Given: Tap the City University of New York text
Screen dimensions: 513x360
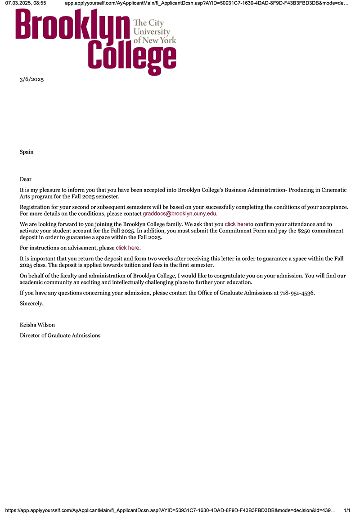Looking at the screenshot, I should pos(154,32).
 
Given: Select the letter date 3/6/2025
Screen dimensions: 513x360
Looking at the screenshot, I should pos(31,80).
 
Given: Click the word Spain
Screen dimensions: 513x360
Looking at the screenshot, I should pos(27,152).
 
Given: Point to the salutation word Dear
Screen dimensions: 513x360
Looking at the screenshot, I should pos(26,179).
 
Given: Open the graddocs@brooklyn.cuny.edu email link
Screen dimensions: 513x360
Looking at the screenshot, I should pos(180,213).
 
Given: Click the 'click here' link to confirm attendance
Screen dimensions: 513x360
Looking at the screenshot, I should pos(237,224).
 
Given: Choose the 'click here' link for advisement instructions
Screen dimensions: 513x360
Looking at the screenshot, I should pos(128,248).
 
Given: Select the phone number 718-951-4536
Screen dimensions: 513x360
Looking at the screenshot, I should pos(297,293).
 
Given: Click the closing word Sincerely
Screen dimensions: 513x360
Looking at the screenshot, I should pos(31,304).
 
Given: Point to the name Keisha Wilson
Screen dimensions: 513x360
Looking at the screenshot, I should pos(37,325).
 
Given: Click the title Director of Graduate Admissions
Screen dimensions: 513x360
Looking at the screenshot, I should pos(60,336).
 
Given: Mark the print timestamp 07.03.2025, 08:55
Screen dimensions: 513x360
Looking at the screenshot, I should pos(26,3).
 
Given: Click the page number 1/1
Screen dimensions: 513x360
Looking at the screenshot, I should pos(347,510).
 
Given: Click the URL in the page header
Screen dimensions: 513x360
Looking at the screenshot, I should pos(207,3).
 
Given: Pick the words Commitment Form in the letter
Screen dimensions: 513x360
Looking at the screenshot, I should pos(238,231).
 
